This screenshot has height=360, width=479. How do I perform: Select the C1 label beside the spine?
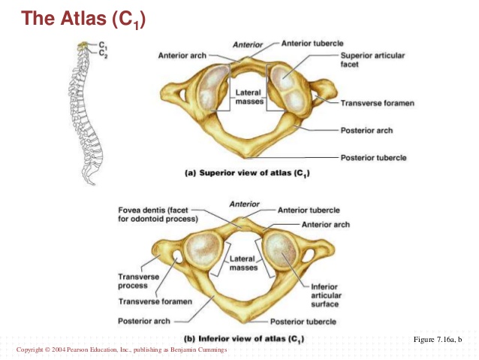tap(102, 46)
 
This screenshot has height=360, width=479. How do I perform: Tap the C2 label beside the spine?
tap(102, 54)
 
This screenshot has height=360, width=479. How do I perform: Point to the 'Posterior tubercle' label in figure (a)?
tap(373, 158)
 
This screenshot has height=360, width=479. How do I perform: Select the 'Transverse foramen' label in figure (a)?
tap(373, 103)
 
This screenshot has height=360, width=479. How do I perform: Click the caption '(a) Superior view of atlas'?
tap(247, 174)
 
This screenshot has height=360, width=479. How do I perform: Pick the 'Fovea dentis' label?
tap(158, 213)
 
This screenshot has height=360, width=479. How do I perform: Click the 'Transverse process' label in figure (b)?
tap(138, 280)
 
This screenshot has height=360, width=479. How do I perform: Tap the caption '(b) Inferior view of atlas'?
tap(244, 337)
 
